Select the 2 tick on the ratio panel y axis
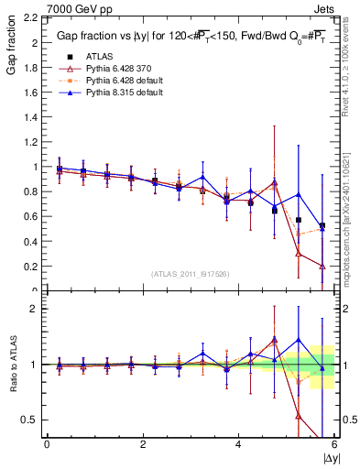click(34, 309)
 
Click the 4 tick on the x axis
click(239, 444)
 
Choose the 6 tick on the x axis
click(335, 444)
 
